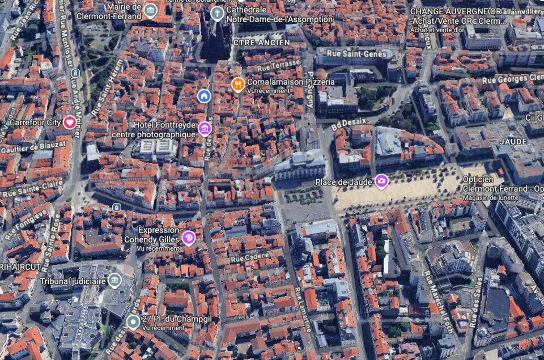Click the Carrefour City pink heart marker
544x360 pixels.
[69, 122]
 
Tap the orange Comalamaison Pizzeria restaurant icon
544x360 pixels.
[238, 84]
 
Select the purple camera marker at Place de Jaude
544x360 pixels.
[381, 181]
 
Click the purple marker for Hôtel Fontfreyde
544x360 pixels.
[205, 129]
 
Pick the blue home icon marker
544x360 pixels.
[204, 96]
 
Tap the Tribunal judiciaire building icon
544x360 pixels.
[114, 280]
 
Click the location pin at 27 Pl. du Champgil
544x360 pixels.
[133, 323]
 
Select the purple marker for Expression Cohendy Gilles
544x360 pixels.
[189, 238]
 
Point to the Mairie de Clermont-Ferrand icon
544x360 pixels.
[150, 10]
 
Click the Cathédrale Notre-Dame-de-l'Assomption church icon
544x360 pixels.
[217, 12]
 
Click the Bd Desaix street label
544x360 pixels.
[348, 124]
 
